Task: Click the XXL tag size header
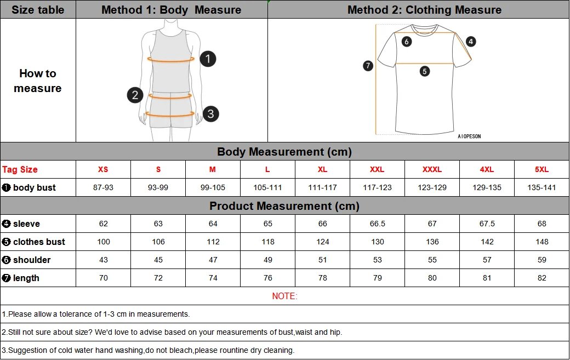coord(377,169)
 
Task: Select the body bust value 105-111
coord(267,187)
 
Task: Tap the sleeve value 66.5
coord(377,224)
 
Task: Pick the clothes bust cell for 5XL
coord(541,242)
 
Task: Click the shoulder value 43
coord(103,260)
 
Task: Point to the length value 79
coord(377,278)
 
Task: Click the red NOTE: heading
coord(284,296)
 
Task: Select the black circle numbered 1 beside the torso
coord(208,59)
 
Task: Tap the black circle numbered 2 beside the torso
coord(135,95)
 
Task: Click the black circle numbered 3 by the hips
coord(210,114)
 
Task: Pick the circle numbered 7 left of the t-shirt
coord(368,66)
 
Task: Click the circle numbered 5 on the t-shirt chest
coord(425,71)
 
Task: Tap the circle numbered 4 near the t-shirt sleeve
coord(471,41)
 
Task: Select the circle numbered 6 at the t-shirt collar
coord(406,41)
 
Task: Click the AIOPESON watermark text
coord(469,136)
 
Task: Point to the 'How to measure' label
coord(38,81)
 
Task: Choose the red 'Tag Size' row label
coord(20,169)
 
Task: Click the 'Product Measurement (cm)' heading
coord(284,206)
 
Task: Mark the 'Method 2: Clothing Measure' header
coord(424,10)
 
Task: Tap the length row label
coord(26,278)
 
